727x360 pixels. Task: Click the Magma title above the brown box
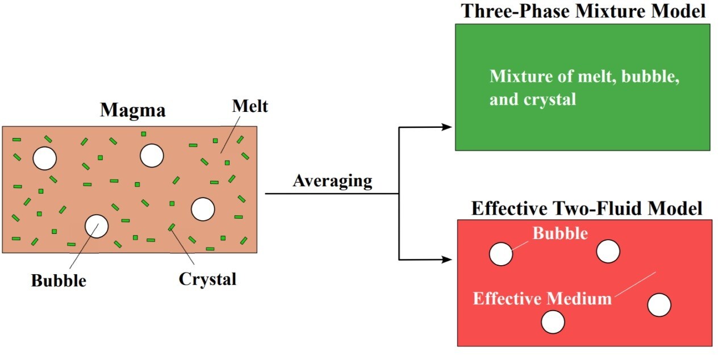point(133,110)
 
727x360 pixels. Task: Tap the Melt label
point(249,106)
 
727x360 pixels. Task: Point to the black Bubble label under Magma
point(59,281)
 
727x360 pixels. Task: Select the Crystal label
point(207,279)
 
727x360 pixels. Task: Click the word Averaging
point(332,181)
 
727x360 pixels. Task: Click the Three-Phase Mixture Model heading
point(583,11)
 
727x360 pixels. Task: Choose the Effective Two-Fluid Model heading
point(587,208)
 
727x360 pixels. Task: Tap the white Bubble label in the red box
point(559,233)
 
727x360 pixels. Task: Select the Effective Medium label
point(542,298)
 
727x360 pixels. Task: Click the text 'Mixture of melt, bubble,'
point(585,77)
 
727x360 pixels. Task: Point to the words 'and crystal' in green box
point(533,99)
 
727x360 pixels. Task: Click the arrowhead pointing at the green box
point(448,127)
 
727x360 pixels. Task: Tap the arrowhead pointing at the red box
point(448,260)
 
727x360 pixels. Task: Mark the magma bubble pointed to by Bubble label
point(97,226)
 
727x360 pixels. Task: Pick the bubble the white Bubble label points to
point(501,254)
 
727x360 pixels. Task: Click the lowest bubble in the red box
point(553,322)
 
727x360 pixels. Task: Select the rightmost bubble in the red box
point(659,305)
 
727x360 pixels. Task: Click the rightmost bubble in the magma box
point(203,209)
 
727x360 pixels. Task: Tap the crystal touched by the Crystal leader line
point(172,228)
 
